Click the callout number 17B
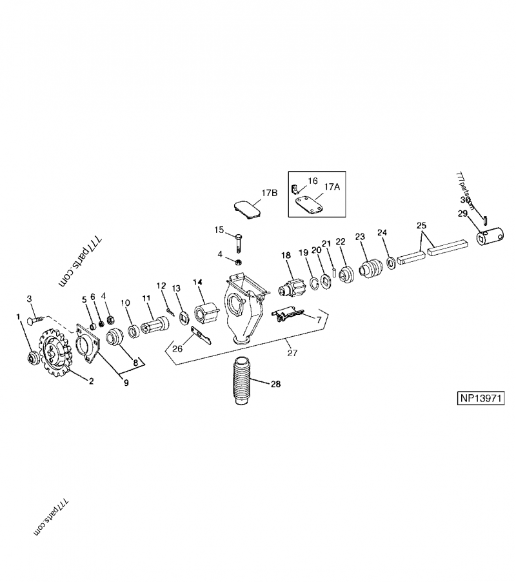pyautogui.click(x=270, y=193)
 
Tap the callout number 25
pyautogui.click(x=422, y=226)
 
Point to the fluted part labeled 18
pyautogui.click(x=292, y=288)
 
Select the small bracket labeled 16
pyautogui.click(x=295, y=189)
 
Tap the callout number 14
pyautogui.click(x=197, y=281)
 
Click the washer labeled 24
pyautogui.click(x=391, y=264)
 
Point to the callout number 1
pyautogui.click(x=18, y=316)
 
